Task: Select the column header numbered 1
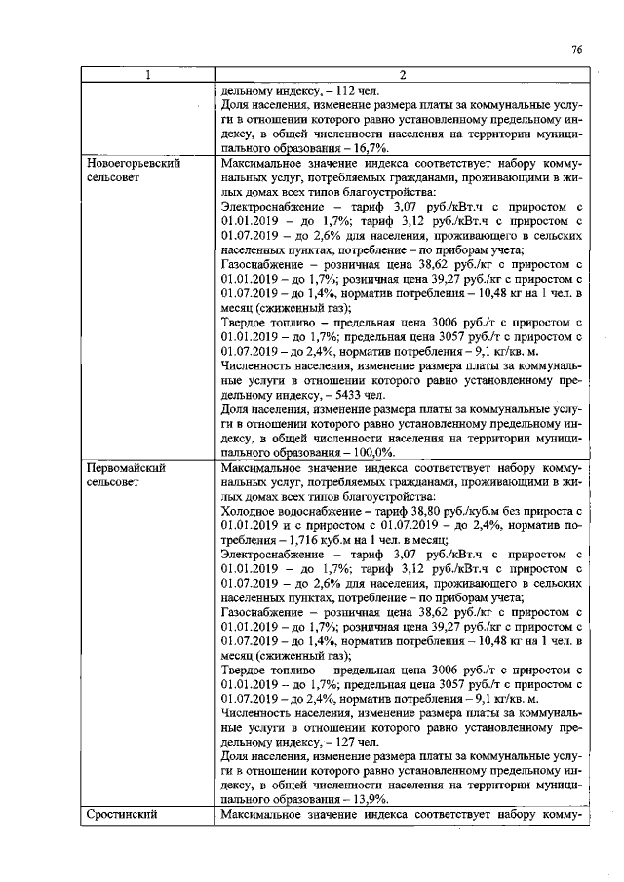147,78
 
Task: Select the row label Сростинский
119,815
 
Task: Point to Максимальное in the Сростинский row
265,815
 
